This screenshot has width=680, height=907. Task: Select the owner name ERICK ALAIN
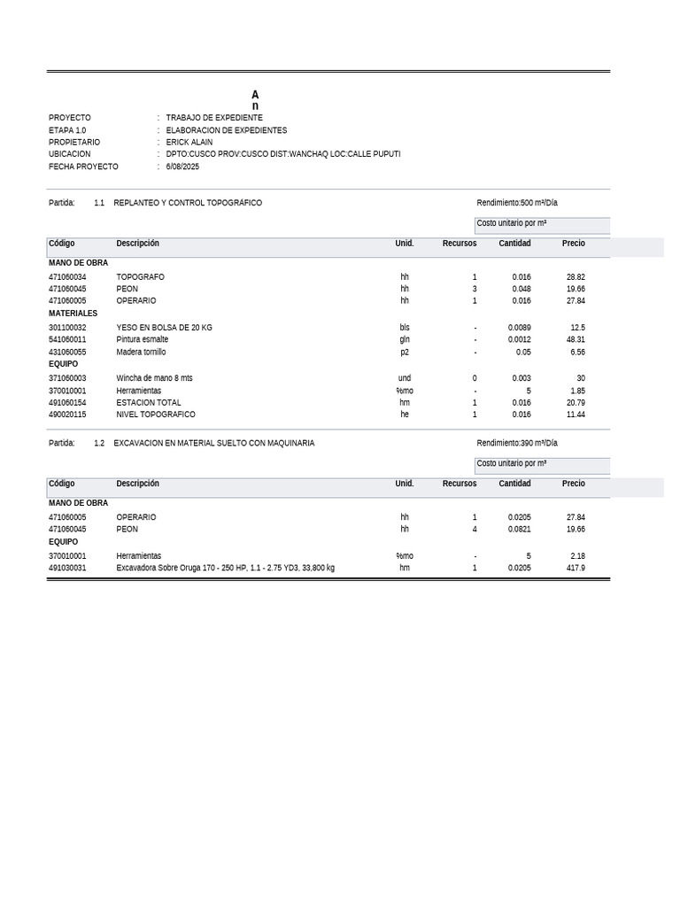[x=189, y=142]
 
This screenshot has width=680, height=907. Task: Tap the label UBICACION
[x=69, y=154]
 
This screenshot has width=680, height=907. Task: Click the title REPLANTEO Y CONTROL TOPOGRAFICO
[x=188, y=203]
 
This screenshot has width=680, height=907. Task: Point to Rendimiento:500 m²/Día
[x=517, y=203]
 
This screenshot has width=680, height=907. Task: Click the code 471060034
[x=67, y=277]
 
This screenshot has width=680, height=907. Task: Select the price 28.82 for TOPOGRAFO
[x=576, y=277]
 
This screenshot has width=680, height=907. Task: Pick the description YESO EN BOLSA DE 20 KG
[x=164, y=328]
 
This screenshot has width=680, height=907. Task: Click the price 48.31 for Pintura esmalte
[x=576, y=339]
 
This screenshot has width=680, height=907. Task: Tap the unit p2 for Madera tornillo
[x=405, y=352]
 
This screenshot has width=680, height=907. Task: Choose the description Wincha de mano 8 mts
[x=154, y=378]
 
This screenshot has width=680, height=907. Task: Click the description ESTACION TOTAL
[x=149, y=402]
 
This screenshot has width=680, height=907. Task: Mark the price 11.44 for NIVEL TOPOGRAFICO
[x=576, y=415]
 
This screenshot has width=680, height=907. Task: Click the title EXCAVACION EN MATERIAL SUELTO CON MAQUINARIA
[x=214, y=443]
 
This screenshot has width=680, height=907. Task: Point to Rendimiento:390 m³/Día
[x=517, y=443]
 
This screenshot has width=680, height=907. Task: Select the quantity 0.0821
[x=520, y=529]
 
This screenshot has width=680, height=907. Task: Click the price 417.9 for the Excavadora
[x=576, y=568]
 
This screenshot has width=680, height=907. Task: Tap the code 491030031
[x=67, y=568]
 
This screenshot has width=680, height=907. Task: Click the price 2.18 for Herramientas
[x=577, y=555]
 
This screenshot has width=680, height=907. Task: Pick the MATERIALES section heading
[x=73, y=314]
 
